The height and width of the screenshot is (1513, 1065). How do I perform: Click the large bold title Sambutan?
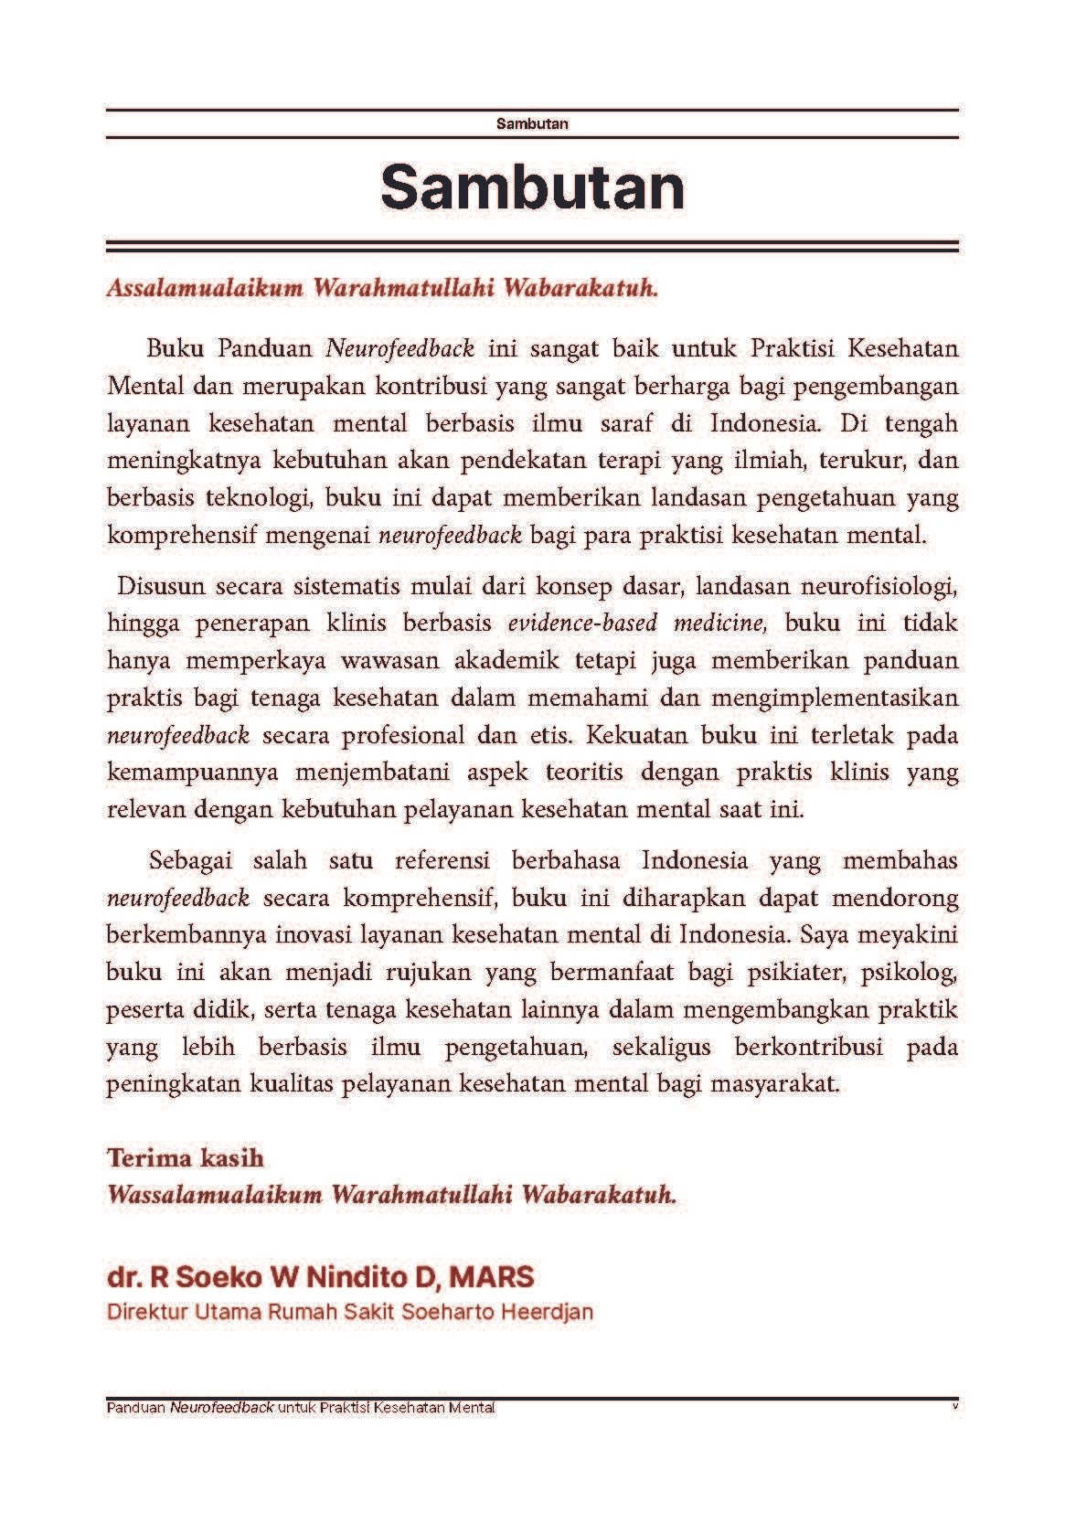(x=532, y=186)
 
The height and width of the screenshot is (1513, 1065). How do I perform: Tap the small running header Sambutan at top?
(x=532, y=123)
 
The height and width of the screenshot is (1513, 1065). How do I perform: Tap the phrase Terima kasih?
(x=186, y=1158)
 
